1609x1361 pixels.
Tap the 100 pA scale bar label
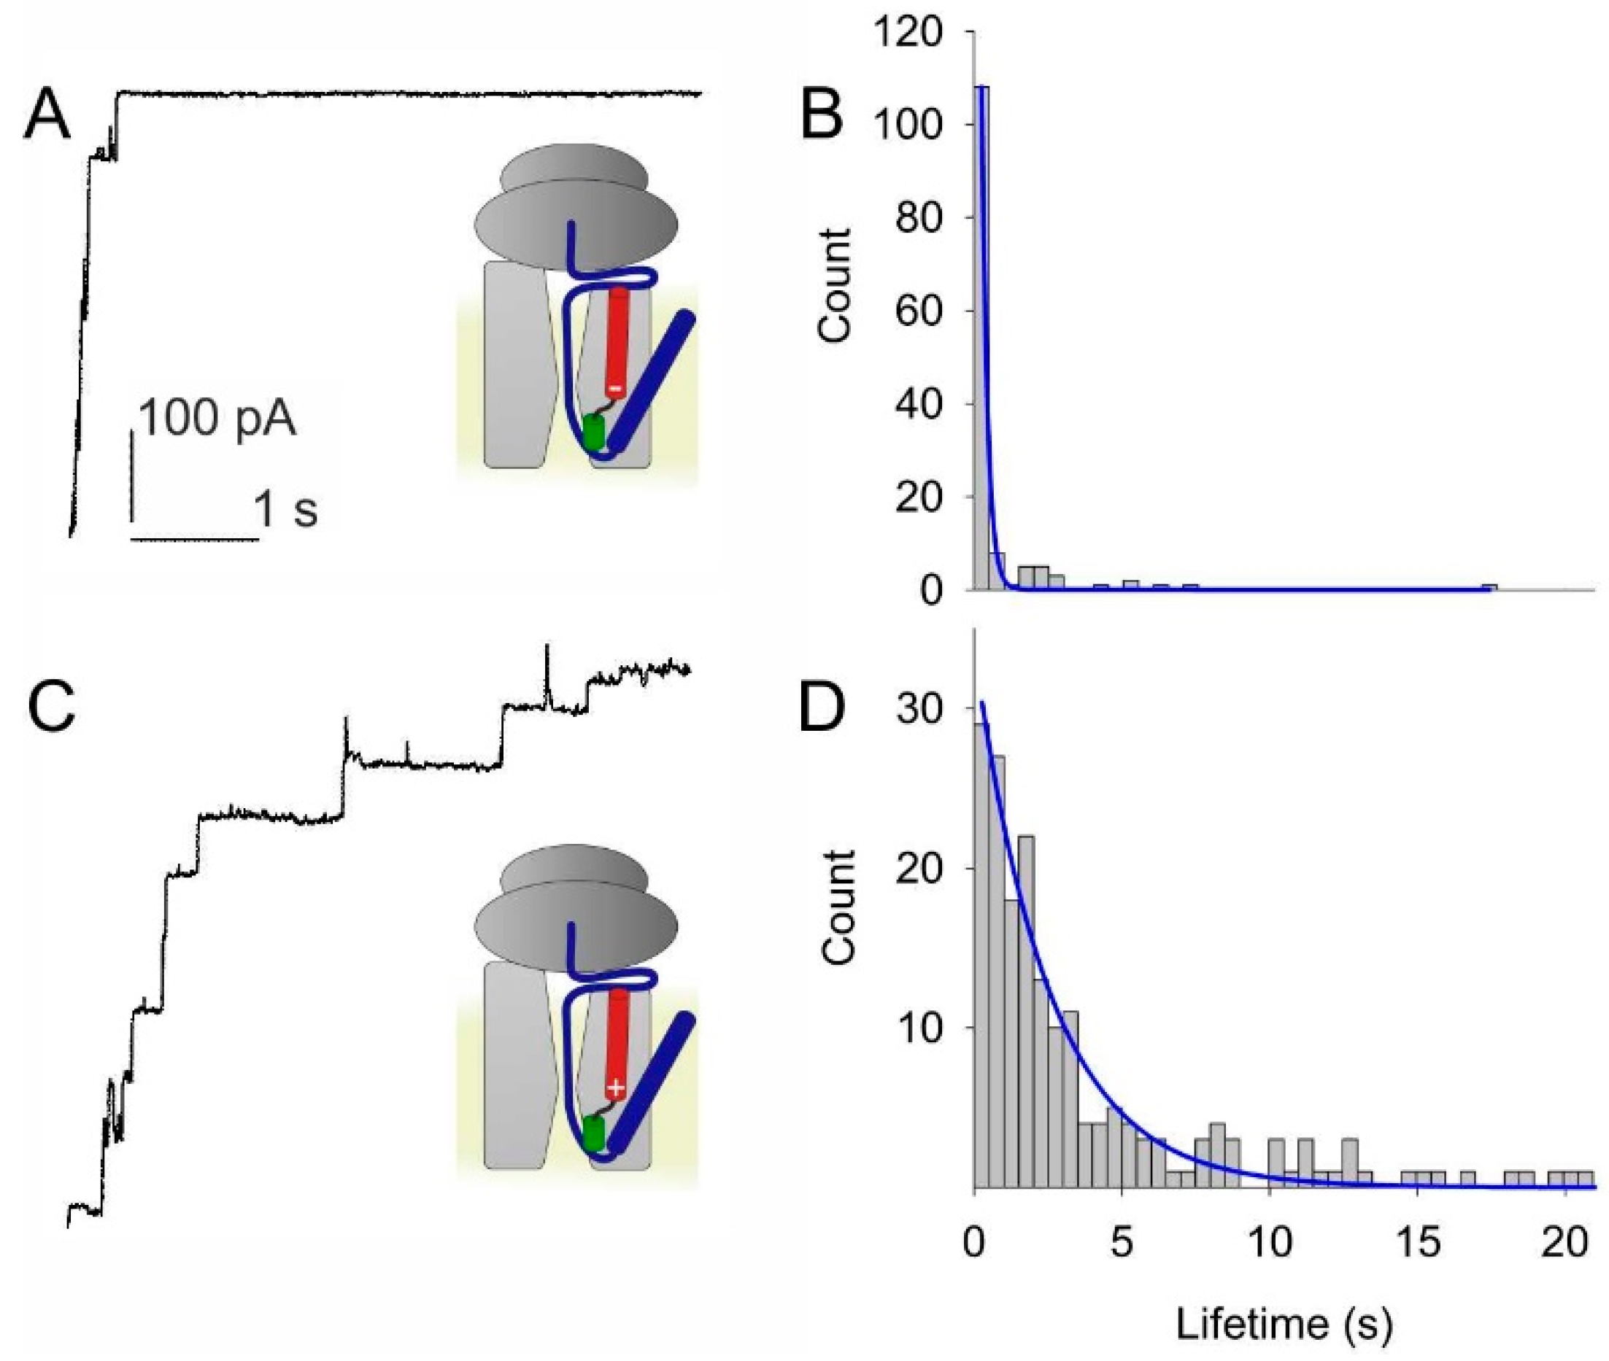(x=217, y=419)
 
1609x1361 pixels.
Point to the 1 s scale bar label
(x=285, y=510)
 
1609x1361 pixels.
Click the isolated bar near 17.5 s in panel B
(x=1489, y=588)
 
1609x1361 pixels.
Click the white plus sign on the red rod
(x=615, y=1088)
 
